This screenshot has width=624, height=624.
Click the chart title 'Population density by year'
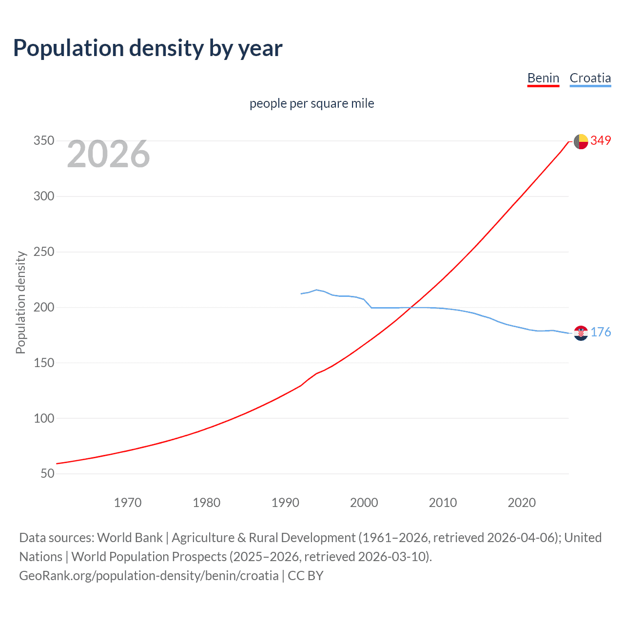click(148, 48)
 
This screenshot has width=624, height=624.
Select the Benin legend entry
click(543, 78)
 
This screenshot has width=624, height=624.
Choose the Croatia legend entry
click(590, 78)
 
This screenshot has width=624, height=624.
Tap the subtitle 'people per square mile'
click(312, 103)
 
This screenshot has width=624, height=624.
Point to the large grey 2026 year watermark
click(108, 154)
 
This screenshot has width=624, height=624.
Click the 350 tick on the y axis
click(44, 141)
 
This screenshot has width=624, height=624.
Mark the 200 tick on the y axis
click(44, 307)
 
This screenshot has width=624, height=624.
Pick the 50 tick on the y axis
click(47, 473)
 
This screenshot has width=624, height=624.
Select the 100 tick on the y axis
click(44, 418)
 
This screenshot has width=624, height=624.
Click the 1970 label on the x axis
click(128, 503)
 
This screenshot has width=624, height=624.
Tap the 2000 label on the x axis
click(364, 503)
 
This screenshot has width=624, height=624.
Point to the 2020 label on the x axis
click(522, 503)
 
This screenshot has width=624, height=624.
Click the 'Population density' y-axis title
click(20, 302)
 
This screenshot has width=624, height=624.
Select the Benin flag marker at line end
click(581, 141)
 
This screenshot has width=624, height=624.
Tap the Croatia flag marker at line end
click(581, 333)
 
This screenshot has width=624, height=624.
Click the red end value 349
click(601, 140)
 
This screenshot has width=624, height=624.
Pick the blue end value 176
click(601, 332)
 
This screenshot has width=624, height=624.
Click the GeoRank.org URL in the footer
click(149, 576)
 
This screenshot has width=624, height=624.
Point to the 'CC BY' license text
click(306, 576)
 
